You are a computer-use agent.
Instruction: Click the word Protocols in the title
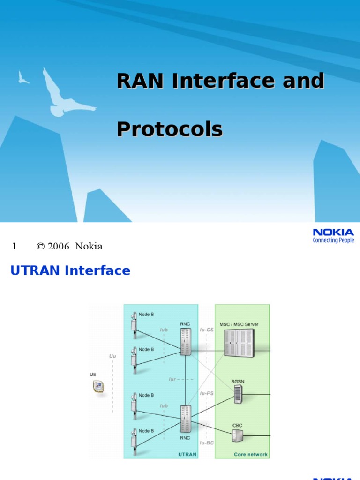[169, 129]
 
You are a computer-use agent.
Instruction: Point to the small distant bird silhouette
[22, 78]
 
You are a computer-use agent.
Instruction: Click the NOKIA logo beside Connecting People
[333, 232]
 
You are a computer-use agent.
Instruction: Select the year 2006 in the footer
[58, 246]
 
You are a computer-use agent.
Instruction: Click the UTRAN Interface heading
[70, 270]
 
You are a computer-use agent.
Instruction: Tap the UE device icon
[98, 386]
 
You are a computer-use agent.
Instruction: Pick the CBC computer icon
[238, 435]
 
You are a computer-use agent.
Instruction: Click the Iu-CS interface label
[207, 330]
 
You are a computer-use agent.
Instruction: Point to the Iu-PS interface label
[206, 393]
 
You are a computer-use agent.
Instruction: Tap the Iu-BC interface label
[207, 442]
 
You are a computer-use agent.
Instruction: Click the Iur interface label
[172, 379]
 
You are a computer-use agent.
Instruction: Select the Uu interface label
[112, 356]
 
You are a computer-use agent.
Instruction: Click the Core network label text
[251, 454]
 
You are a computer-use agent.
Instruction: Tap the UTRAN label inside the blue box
[187, 454]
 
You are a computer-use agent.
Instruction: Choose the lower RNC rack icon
[185, 419]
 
